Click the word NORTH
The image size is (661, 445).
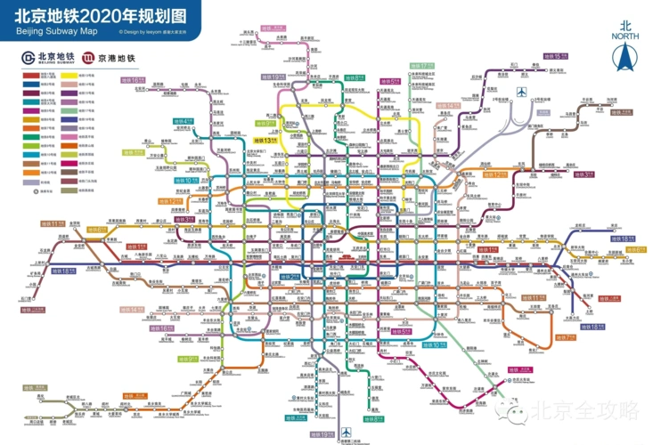pos(624,36)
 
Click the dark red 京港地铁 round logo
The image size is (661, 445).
pos(87,59)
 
